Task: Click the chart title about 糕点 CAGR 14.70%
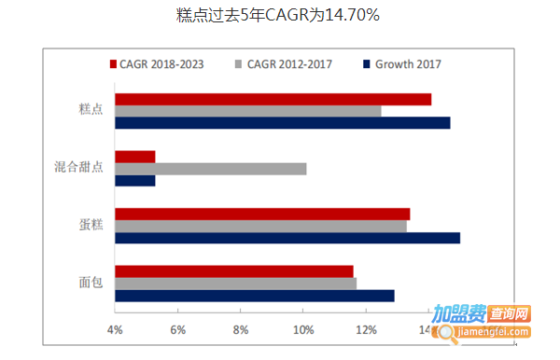pyautogui.click(x=278, y=16)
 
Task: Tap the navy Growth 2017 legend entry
pyautogui.click(x=401, y=64)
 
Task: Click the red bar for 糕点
pyautogui.click(x=273, y=99)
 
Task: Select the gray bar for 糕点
pyautogui.click(x=247, y=111)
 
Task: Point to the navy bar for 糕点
pyautogui.click(x=282, y=122)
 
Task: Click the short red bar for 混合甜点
pyautogui.click(x=134, y=157)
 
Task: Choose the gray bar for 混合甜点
pyautogui.click(x=210, y=169)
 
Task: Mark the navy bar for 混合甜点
pyautogui.click(x=134, y=180)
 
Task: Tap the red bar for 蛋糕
pyautogui.click(x=261, y=215)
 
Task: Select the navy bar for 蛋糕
pyautogui.click(x=287, y=238)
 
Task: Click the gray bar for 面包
pyautogui.click(x=235, y=284)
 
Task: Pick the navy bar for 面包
pyautogui.click(x=254, y=296)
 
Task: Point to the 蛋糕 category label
pyautogui.click(x=91, y=226)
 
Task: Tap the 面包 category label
pyautogui.click(x=91, y=284)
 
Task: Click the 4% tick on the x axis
pyautogui.click(x=115, y=330)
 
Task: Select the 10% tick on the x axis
pyautogui.click(x=303, y=330)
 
